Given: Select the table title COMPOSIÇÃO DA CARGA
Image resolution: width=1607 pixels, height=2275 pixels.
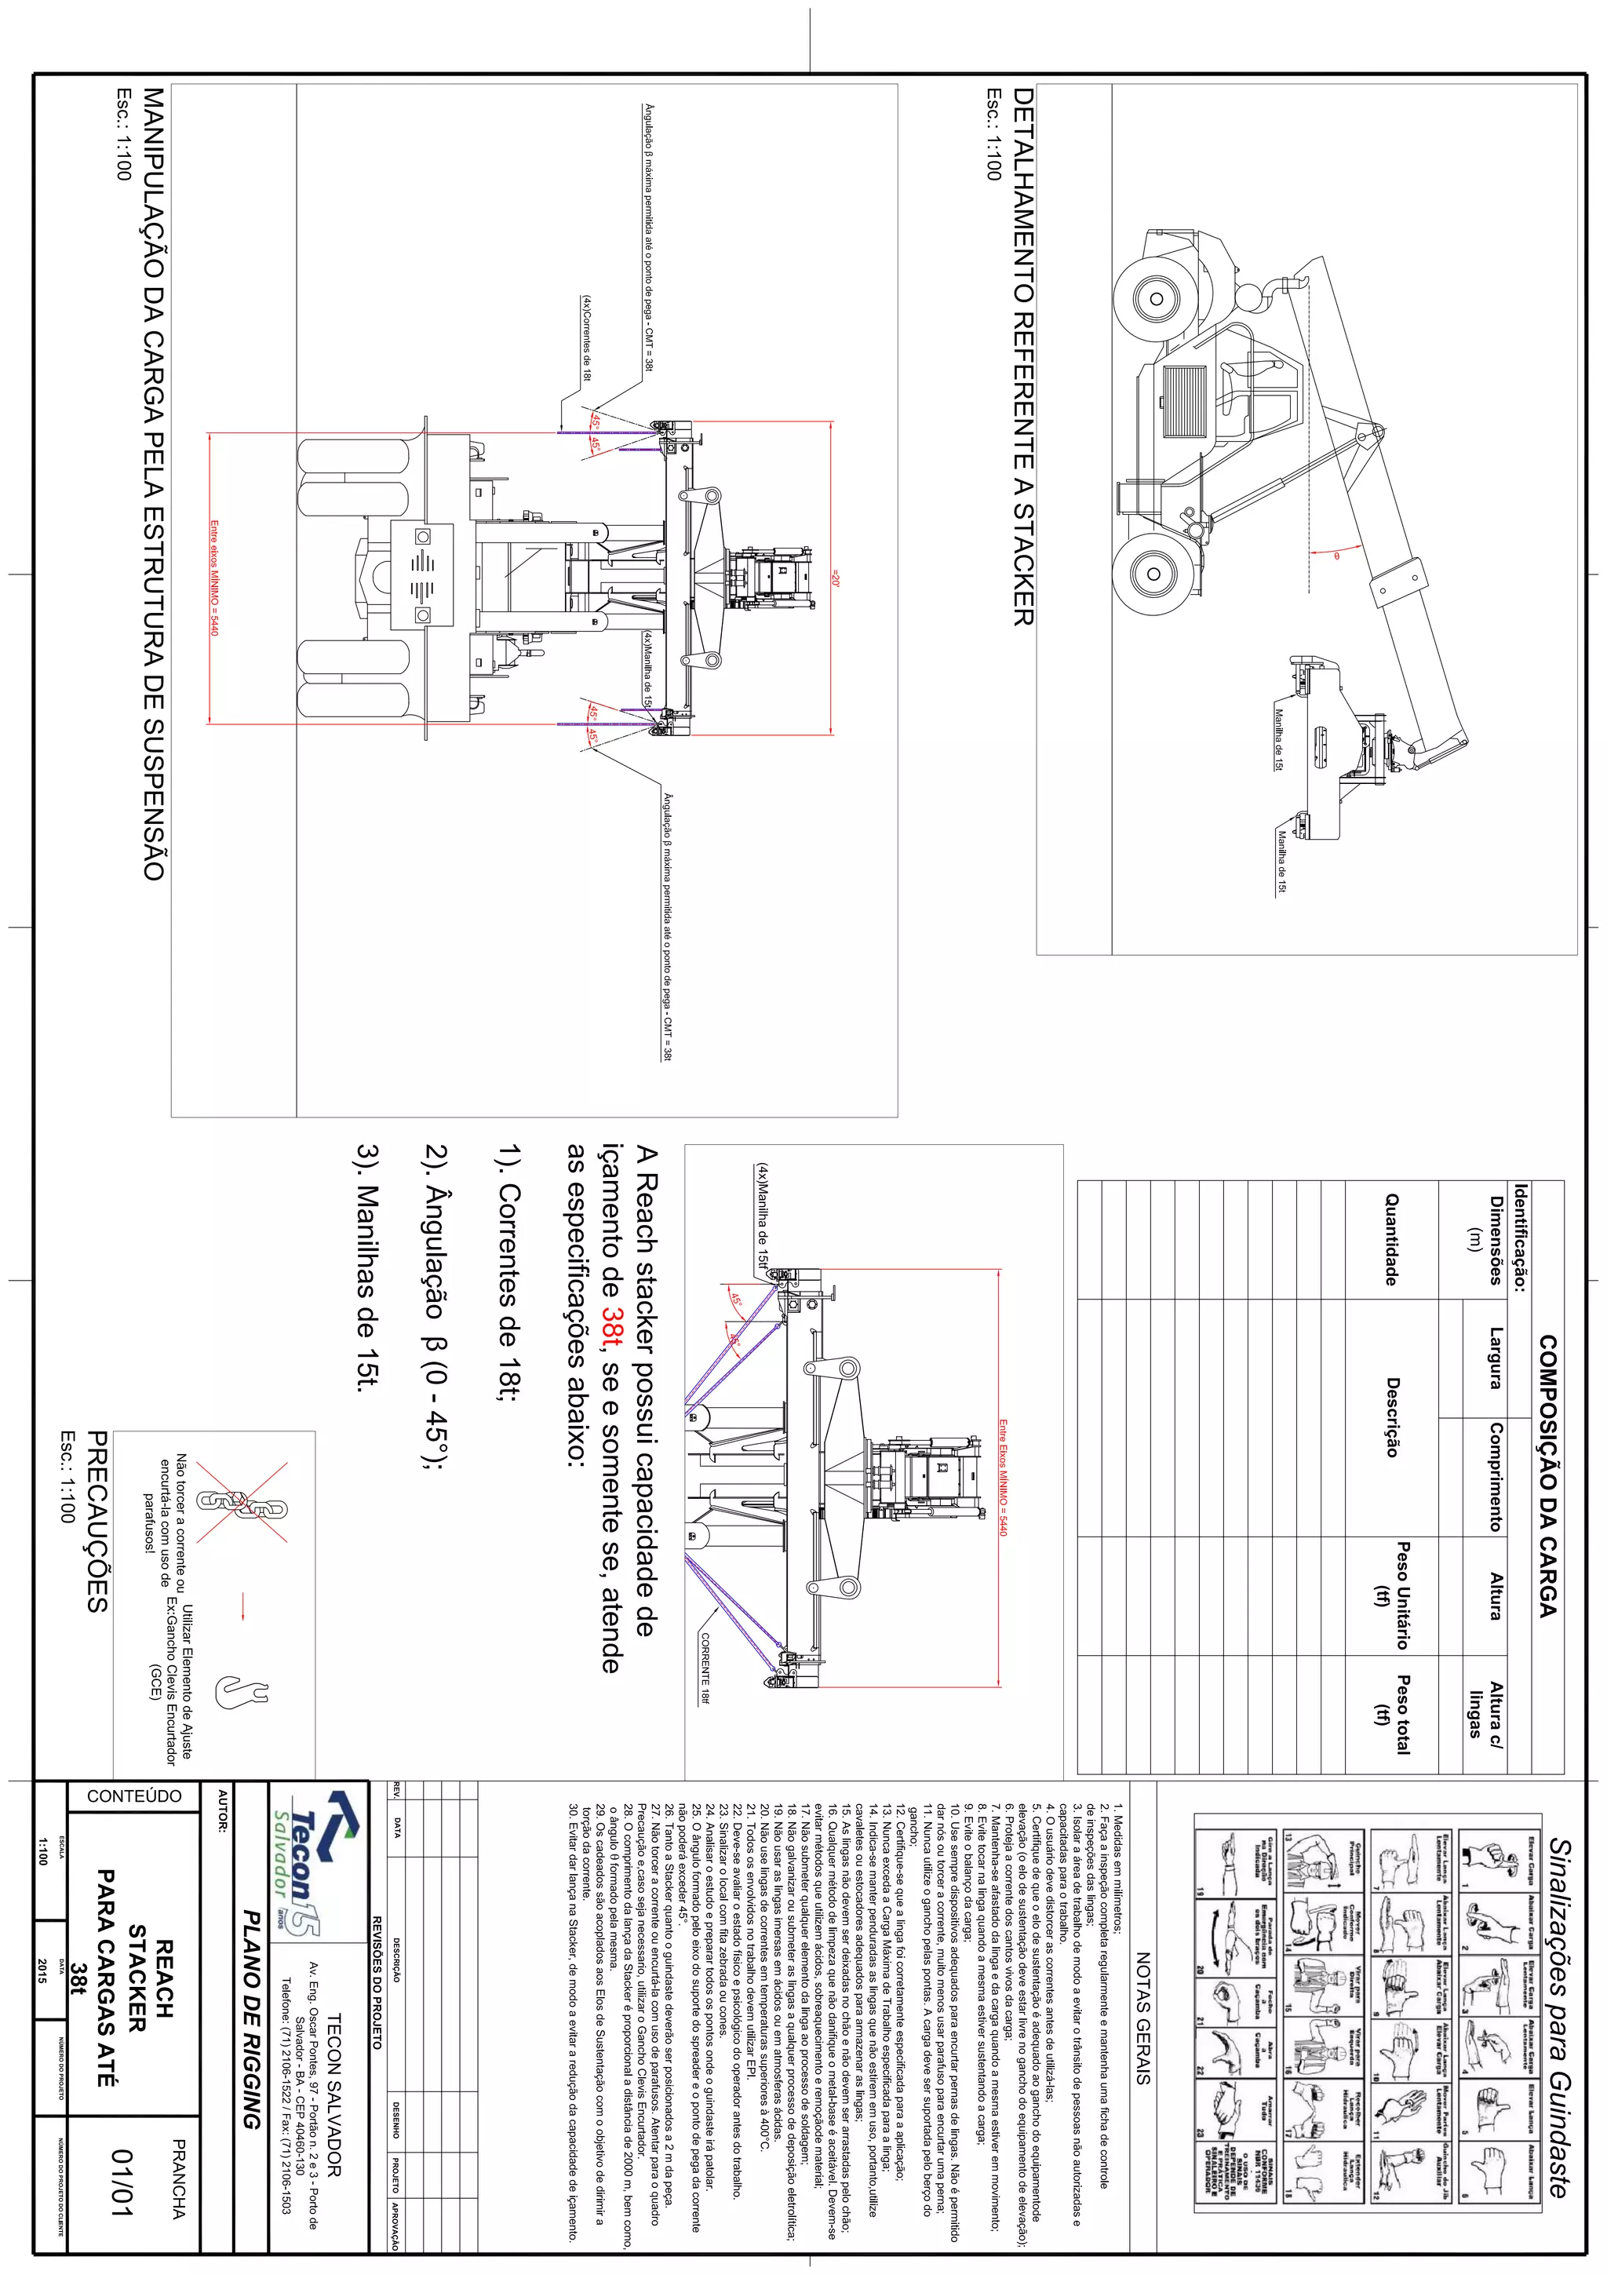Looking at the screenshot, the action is (x=1547, y=1476).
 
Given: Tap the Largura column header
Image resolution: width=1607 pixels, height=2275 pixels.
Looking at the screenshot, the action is (x=1496, y=1358).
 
